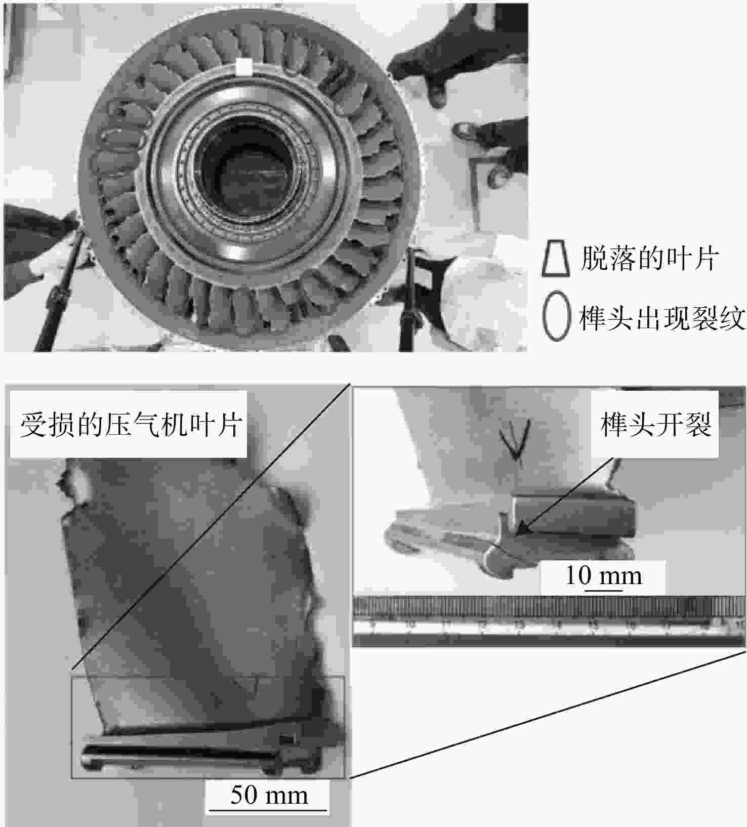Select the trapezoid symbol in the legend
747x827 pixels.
[555, 259]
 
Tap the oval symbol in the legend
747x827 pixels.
[556, 315]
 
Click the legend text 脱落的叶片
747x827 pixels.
[649, 259]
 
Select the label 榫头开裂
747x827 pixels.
[656, 424]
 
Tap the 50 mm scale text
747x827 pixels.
[269, 795]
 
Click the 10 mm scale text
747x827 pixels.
[603, 575]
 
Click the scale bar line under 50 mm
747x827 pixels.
[268, 810]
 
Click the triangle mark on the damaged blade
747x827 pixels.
[248, 684]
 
